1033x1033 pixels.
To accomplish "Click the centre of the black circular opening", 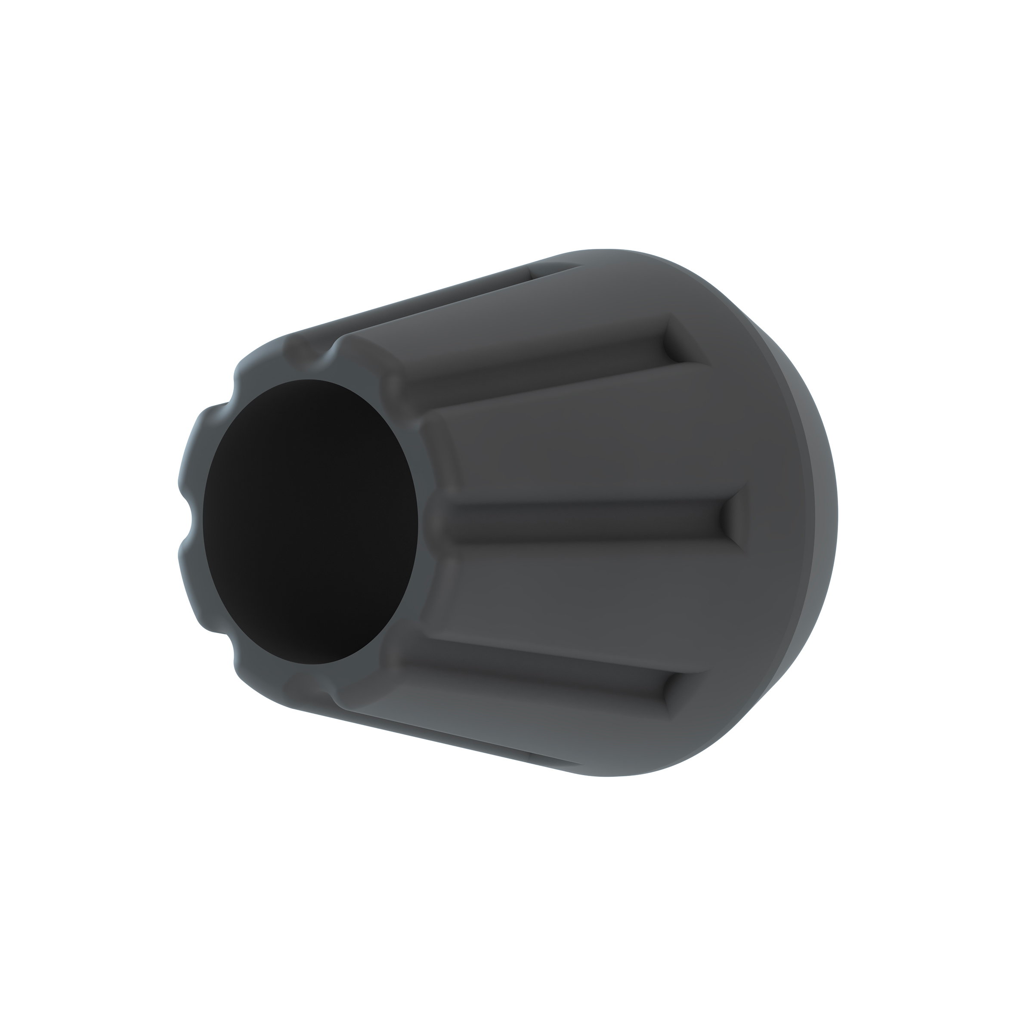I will (x=310, y=522).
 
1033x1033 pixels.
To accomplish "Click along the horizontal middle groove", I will (x=578, y=517).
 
